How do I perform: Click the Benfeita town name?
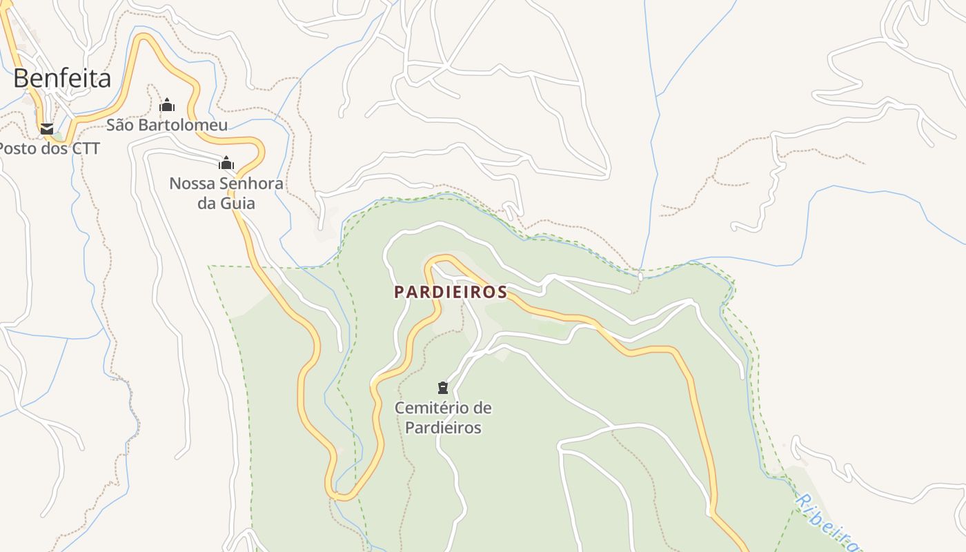tap(62, 79)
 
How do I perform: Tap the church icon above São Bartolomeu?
tap(167, 106)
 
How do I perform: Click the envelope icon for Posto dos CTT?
tap(46, 128)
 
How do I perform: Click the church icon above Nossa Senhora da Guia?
tap(226, 164)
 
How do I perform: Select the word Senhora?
tap(251, 184)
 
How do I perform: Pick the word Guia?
tap(237, 203)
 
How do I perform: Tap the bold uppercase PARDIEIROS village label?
tap(451, 292)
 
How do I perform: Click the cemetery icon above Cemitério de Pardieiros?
tap(443, 388)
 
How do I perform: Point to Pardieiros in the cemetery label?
tap(443, 427)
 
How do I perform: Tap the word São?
tap(121, 125)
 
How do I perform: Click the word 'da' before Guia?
tap(207, 203)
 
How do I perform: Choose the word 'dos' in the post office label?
tap(54, 148)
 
